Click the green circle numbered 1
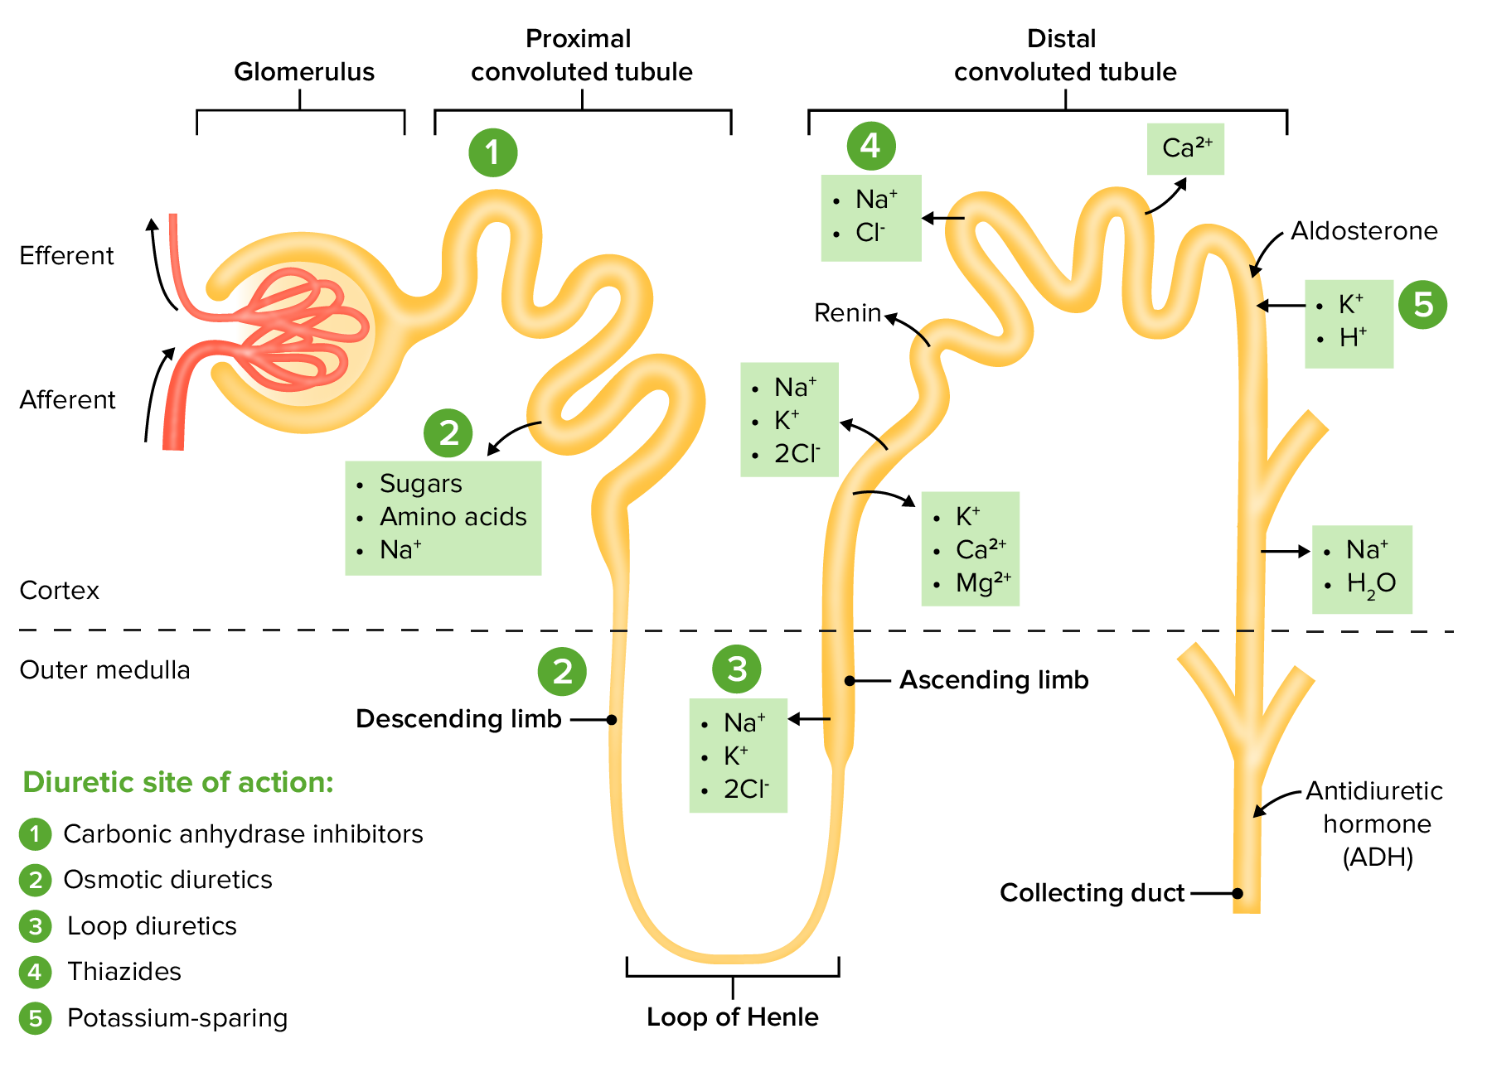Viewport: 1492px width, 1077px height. click(x=492, y=152)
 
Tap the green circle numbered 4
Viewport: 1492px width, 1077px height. click(x=870, y=146)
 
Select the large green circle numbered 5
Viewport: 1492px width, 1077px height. click(x=1422, y=305)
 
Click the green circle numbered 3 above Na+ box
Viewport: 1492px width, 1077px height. click(x=736, y=669)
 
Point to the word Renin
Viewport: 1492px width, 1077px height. click(x=847, y=313)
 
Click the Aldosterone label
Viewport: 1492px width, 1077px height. click(x=1364, y=231)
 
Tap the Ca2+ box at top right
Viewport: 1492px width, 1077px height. click(x=1185, y=149)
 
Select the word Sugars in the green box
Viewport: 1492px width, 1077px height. click(x=420, y=484)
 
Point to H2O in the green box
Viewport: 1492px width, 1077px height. click(x=1371, y=584)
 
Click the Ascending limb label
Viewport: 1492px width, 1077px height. click(x=993, y=680)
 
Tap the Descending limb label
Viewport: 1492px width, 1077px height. click(x=458, y=719)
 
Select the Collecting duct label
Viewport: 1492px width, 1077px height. click(x=1092, y=893)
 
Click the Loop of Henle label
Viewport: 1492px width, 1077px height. click(x=732, y=1017)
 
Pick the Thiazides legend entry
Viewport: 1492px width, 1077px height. click(x=124, y=972)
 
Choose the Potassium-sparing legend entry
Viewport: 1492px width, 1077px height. click(x=177, y=1018)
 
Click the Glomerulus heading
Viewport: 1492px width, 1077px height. click(x=303, y=72)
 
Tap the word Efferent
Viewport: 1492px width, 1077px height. click(x=66, y=256)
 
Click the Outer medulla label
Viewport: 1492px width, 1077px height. click(x=104, y=670)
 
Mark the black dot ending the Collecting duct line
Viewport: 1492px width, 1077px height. click(x=1237, y=893)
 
